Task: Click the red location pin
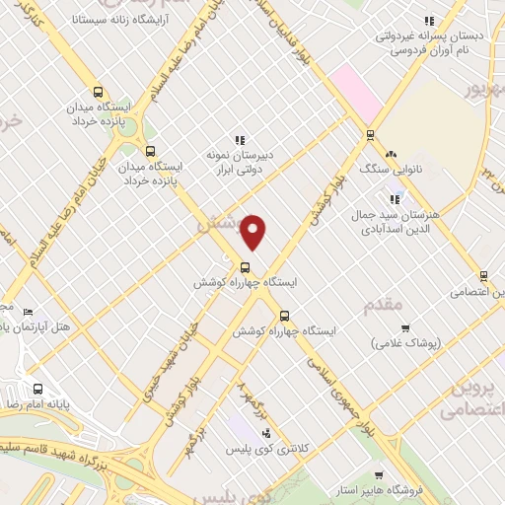pos(254,231)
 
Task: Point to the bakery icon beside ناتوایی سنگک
pos(392,153)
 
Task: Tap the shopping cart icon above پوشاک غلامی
pos(404,327)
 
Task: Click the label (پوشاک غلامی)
pos(406,343)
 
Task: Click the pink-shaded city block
pos(356,93)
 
